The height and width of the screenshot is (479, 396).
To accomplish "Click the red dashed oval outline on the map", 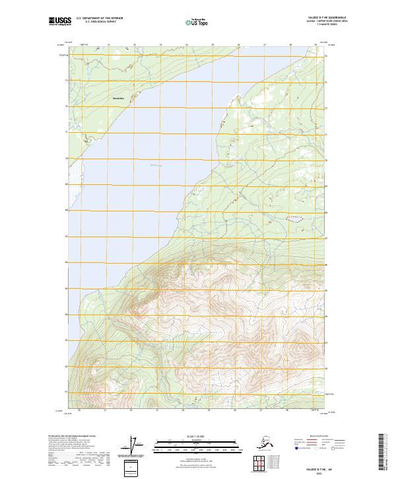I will coord(295,217).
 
